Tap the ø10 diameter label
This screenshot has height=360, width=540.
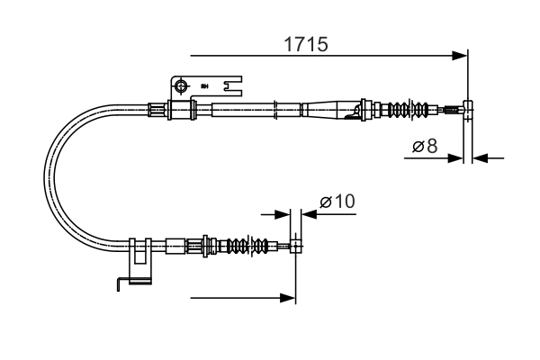337,202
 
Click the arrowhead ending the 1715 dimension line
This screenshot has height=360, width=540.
462,56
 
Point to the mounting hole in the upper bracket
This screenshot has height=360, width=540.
181,86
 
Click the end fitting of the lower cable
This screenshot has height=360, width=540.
295,245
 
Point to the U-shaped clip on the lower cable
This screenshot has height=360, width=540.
139,259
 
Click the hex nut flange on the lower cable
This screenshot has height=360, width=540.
208,244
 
